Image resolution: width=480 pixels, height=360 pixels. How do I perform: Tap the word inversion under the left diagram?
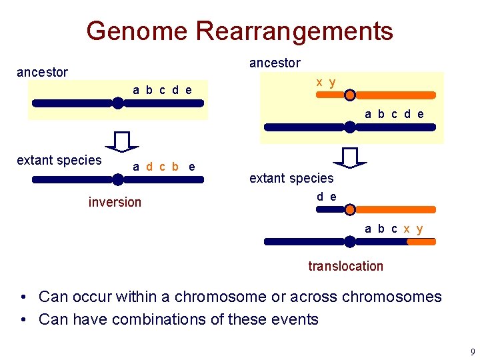[x=115, y=202]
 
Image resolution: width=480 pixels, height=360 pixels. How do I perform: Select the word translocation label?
[x=345, y=266]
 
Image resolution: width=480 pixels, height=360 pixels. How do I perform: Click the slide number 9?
[x=472, y=351]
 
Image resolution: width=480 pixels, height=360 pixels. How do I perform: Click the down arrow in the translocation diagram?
[x=350, y=157]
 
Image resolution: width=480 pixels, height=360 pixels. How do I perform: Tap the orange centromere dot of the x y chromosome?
[x=350, y=95]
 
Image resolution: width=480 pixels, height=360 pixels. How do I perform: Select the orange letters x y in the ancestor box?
[x=326, y=82]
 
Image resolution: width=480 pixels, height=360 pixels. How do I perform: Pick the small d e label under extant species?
[x=327, y=197]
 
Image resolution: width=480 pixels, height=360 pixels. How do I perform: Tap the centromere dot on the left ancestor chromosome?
[x=117, y=103]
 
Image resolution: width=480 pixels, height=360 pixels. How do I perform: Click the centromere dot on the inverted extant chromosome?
[x=117, y=179]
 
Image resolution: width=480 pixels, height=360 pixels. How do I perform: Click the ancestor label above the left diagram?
[x=42, y=72]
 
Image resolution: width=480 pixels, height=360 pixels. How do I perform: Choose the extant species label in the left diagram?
[x=59, y=160]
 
